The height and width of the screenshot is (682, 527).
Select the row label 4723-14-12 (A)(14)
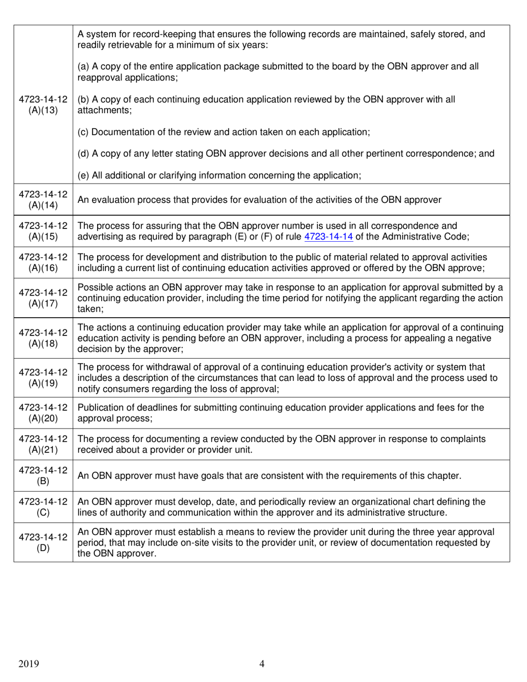43,200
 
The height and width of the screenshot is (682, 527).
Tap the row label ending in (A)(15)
43,231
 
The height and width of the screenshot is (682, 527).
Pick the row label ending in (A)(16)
43,263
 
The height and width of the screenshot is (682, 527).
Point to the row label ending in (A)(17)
43,298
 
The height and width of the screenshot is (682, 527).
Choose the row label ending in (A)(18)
43,338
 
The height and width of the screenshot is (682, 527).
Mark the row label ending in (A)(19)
43,378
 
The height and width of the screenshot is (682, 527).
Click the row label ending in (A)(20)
43,413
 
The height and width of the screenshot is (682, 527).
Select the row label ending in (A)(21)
43,444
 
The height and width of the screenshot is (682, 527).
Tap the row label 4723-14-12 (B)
43,476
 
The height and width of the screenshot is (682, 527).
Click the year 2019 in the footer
29,664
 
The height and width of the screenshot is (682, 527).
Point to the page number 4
262,664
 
